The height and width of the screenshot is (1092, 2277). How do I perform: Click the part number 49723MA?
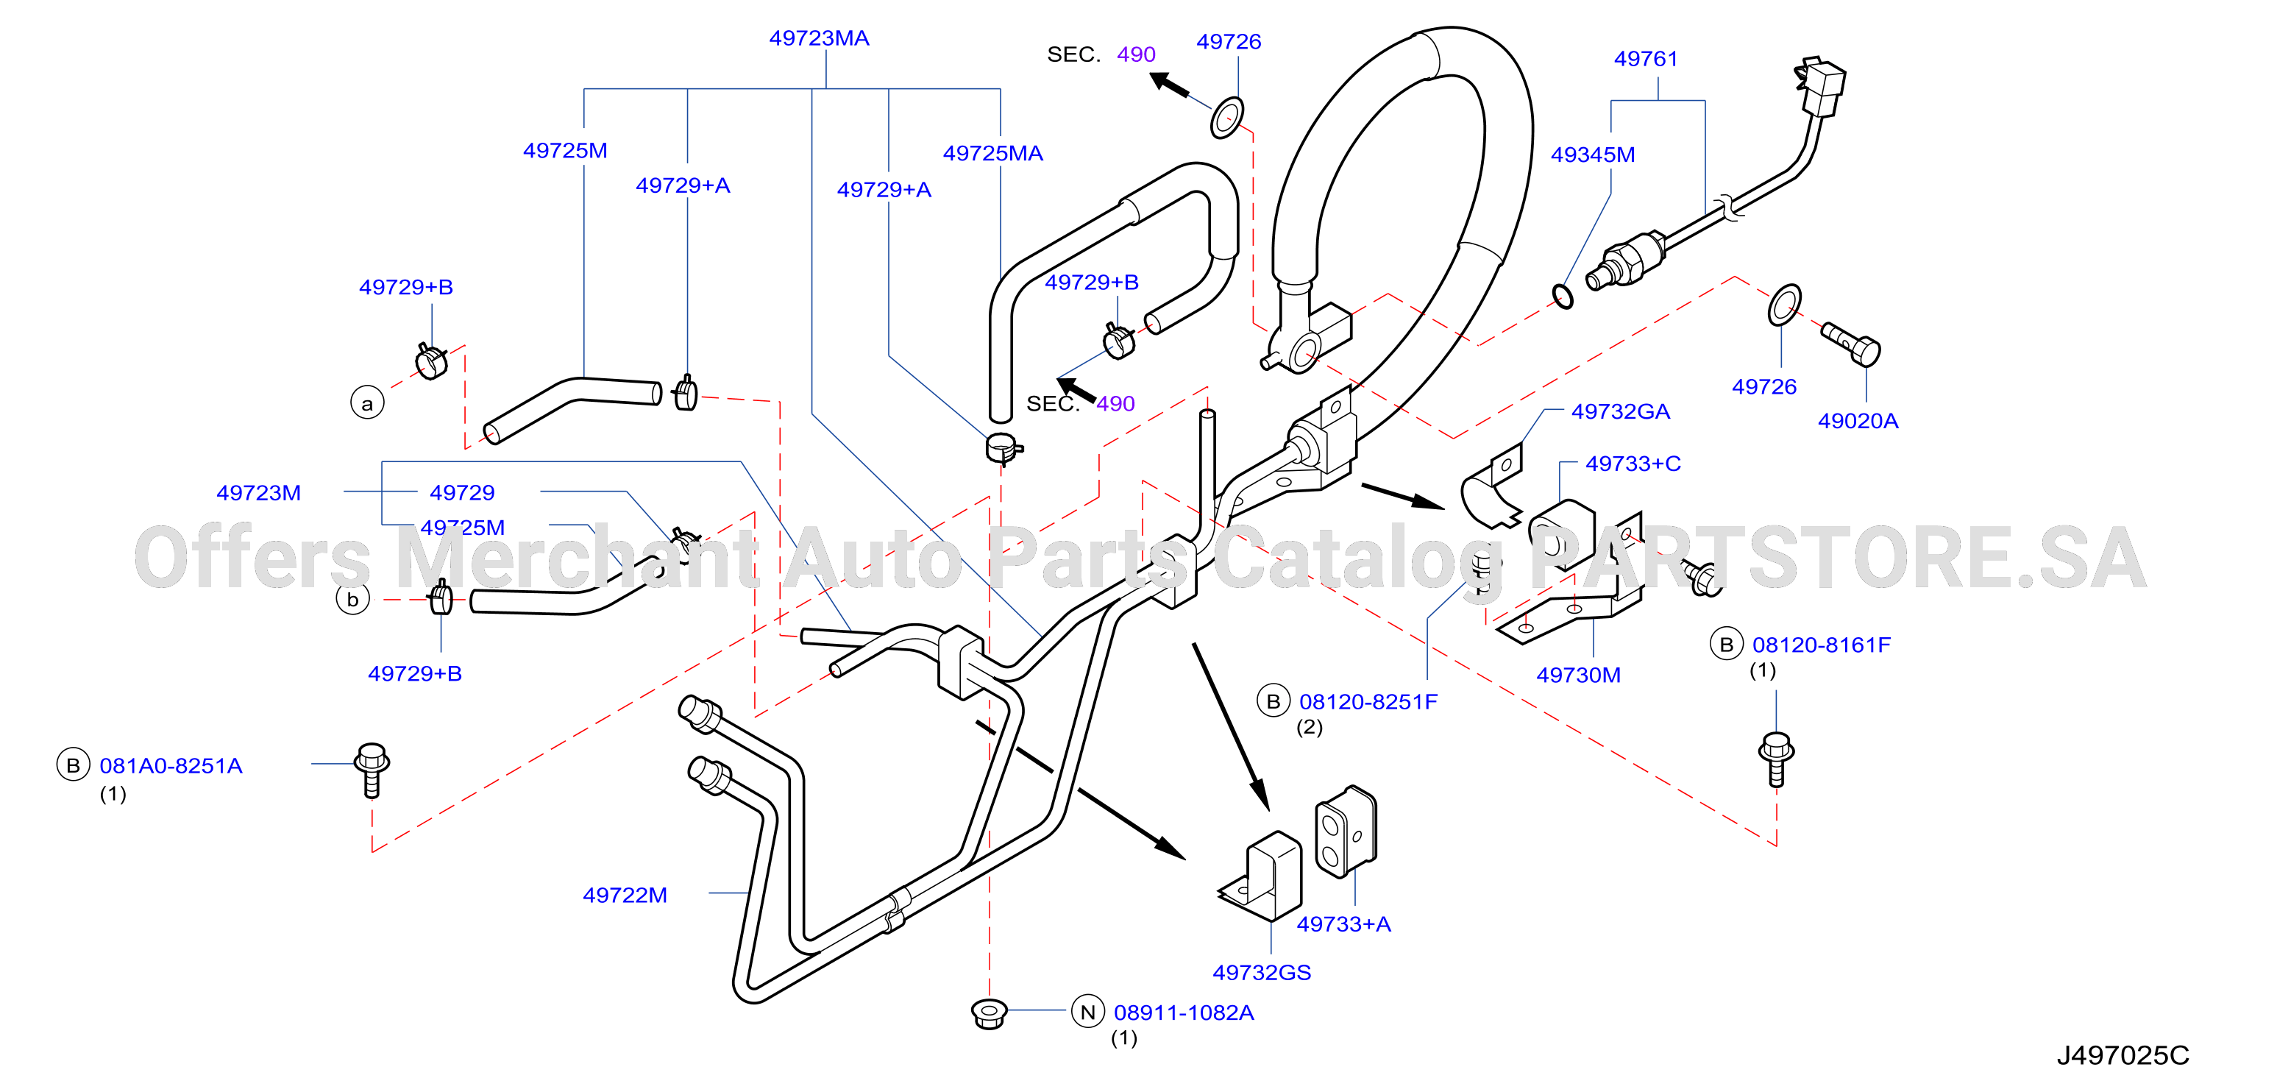[819, 38]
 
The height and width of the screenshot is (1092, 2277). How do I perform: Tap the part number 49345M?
[1592, 154]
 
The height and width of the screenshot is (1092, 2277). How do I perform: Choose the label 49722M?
[625, 894]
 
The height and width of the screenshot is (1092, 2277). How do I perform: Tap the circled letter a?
[367, 403]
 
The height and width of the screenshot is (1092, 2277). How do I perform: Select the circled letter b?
[352, 598]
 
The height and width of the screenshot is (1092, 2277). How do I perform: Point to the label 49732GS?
[1262, 972]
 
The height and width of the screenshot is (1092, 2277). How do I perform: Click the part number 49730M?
[1578, 675]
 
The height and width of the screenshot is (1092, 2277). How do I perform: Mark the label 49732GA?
[1620, 411]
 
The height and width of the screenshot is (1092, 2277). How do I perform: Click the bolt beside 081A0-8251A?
[372, 769]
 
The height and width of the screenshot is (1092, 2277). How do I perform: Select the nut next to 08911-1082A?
[989, 1013]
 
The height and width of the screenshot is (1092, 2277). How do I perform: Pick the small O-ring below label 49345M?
[1563, 297]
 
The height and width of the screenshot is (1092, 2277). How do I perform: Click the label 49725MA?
[992, 153]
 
